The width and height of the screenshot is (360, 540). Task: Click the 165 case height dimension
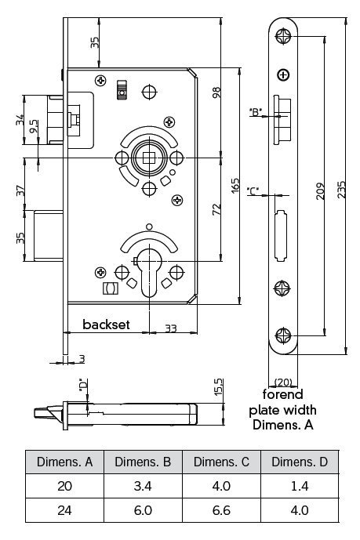[235, 185]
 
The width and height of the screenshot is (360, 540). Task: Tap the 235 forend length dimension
[341, 189]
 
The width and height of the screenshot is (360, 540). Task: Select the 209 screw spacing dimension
[320, 190]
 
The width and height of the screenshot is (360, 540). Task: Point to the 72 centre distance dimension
[216, 209]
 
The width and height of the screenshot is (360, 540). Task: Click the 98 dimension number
[216, 92]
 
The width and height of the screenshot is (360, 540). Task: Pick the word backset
[106, 324]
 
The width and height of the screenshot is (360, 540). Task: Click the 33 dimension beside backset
[170, 328]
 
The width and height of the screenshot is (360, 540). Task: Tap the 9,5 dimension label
[34, 126]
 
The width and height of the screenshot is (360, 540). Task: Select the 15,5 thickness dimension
[219, 386]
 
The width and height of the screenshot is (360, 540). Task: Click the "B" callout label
[256, 111]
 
